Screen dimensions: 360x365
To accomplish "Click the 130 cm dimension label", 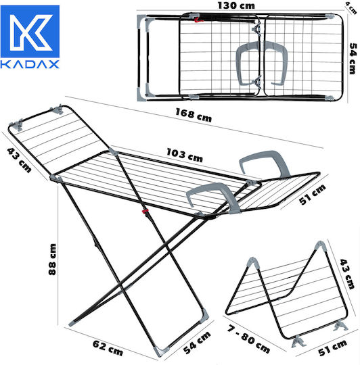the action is pos(236,5).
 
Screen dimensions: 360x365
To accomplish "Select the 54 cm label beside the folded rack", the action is pos(353,58).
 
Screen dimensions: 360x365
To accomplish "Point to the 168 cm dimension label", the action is pos(194,115).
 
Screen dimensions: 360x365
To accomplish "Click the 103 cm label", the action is pos(185,155).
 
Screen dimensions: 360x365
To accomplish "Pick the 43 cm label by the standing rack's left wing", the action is pos(19,160).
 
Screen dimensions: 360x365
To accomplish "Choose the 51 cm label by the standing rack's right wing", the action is pos(312,195).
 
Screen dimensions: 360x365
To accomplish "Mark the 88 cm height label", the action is pos(52,260).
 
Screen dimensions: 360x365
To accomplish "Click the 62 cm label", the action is pos(108,348).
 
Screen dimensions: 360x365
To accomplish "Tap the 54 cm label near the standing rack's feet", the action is pos(197,343).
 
